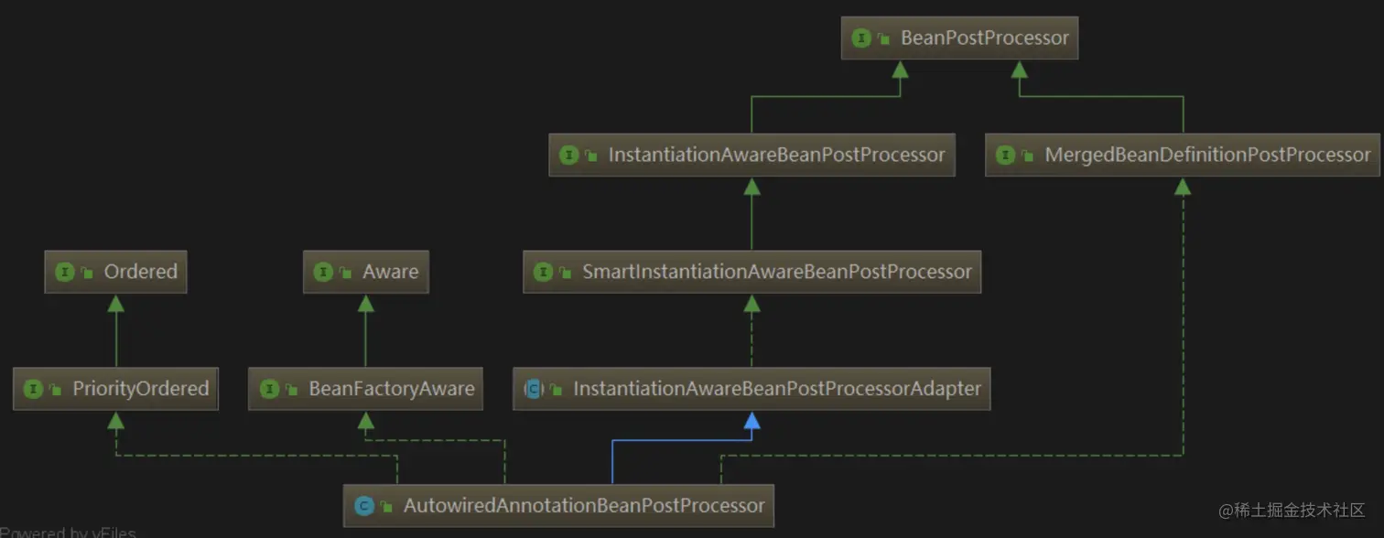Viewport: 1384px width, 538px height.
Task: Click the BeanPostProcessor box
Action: click(959, 38)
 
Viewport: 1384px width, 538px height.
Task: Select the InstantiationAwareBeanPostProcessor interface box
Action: click(751, 155)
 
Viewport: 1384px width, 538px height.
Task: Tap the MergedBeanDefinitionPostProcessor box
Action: click(1183, 155)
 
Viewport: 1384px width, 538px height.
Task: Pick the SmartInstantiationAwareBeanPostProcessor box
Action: click(751, 272)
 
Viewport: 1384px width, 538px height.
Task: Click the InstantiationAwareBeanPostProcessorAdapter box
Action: click(751, 389)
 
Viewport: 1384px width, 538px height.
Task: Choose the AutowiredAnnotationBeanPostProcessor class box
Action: click(558, 505)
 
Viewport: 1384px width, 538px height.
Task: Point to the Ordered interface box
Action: click(115, 272)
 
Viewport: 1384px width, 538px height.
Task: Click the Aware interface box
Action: click(365, 272)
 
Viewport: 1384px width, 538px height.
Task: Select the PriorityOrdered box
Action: click(115, 389)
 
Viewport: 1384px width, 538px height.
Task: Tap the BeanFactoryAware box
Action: click(365, 389)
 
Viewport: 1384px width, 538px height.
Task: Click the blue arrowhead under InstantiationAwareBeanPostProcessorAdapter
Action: click(751, 420)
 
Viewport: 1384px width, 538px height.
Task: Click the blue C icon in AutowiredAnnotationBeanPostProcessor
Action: click(363, 506)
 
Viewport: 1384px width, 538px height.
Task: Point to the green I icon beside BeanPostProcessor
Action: click(861, 38)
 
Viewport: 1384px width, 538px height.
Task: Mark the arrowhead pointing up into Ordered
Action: click(115, 303)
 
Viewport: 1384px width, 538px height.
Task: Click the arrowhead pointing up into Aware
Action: click(365, 303)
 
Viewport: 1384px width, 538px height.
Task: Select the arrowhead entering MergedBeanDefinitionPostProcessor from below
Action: click(1183, 186)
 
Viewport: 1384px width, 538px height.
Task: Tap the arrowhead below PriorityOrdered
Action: click(115, 420)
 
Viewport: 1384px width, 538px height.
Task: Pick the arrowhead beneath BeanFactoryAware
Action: click(365, 420)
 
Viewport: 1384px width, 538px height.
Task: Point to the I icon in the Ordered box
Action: click(64, 272)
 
